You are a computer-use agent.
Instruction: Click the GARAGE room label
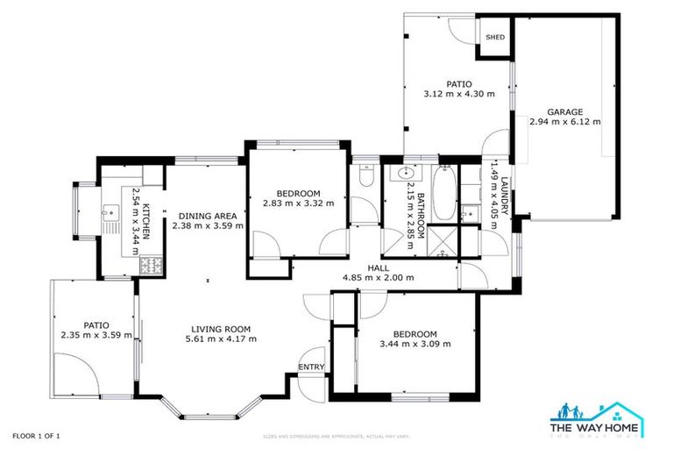point(565,112)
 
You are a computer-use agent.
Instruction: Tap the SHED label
point(495,38)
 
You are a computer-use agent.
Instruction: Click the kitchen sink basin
point(110,213)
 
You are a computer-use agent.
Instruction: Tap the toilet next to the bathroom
point(366,179)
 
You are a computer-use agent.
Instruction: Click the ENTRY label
point(311,367)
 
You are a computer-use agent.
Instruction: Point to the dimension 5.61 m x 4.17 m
point(223,339)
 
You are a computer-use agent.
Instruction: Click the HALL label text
point(378,267)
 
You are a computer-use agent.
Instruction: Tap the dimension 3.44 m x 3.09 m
point(414,344)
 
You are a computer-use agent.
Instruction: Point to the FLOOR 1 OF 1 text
point(36,436)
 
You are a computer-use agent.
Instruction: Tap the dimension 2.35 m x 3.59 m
point(96,334)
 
